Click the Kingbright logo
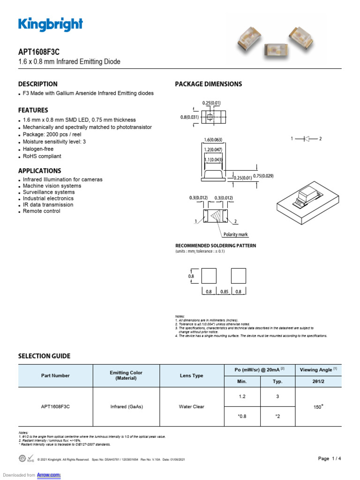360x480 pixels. [51, 24]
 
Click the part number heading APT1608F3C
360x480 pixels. [39, 52]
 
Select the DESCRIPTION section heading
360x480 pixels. [38, 84]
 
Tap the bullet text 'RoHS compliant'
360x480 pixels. [42, 156]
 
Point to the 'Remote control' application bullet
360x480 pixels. [42, 211]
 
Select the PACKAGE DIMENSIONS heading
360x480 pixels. [208, 84]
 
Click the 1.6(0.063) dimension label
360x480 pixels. [213, 139]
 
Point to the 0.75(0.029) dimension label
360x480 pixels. [263, 176]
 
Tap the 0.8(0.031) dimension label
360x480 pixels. [189, 117]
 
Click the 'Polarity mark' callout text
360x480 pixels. [236, 234]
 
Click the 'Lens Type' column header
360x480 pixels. [192, 375]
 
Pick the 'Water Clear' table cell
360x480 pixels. [192, 406]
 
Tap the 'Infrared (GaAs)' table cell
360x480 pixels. [126, 406]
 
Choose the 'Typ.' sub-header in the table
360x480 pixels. [277, 382]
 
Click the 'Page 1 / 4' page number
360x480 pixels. [330, 458]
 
